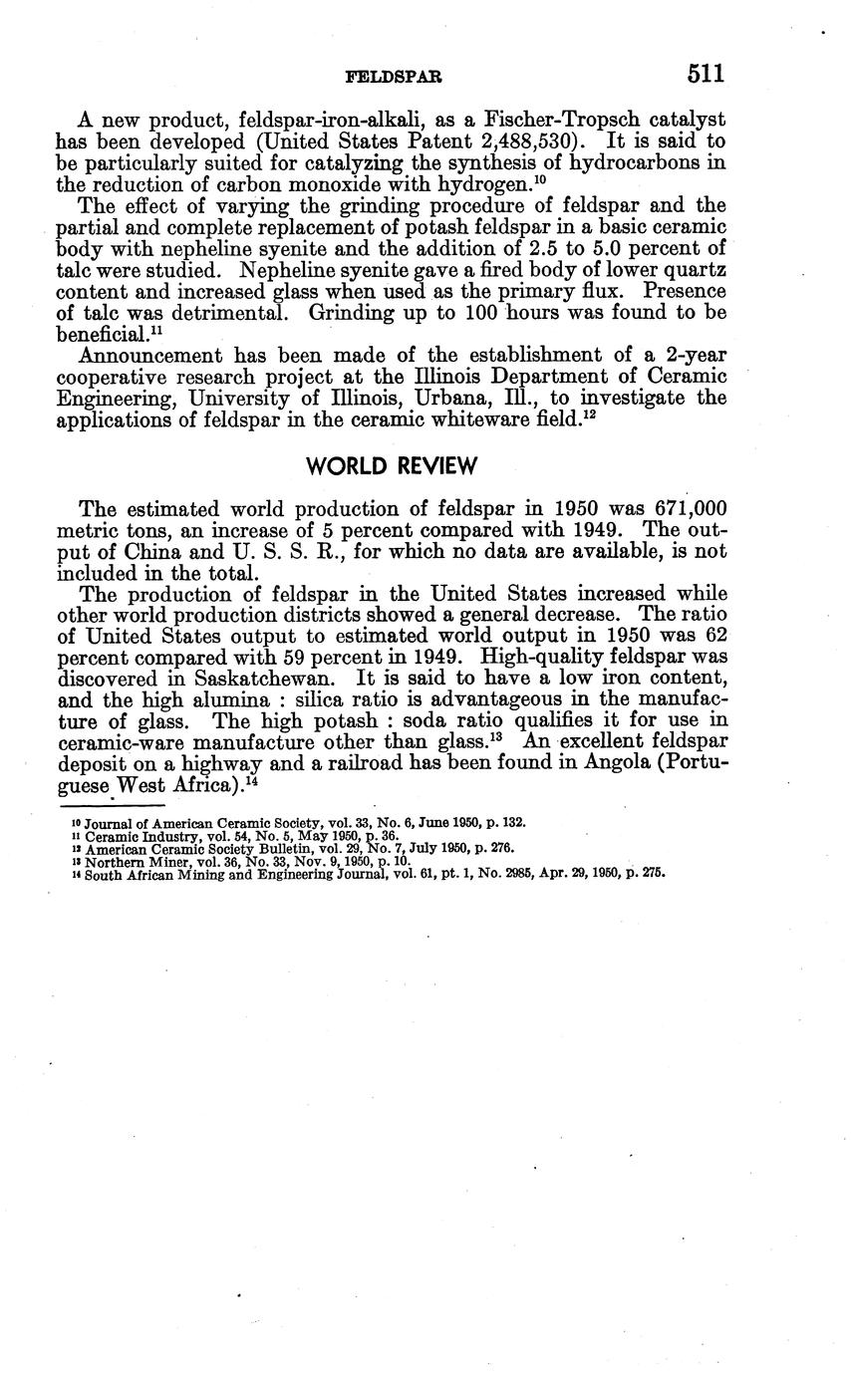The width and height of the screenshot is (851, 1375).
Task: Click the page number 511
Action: (705, 74)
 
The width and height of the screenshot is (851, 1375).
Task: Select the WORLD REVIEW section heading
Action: (393, 466)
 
